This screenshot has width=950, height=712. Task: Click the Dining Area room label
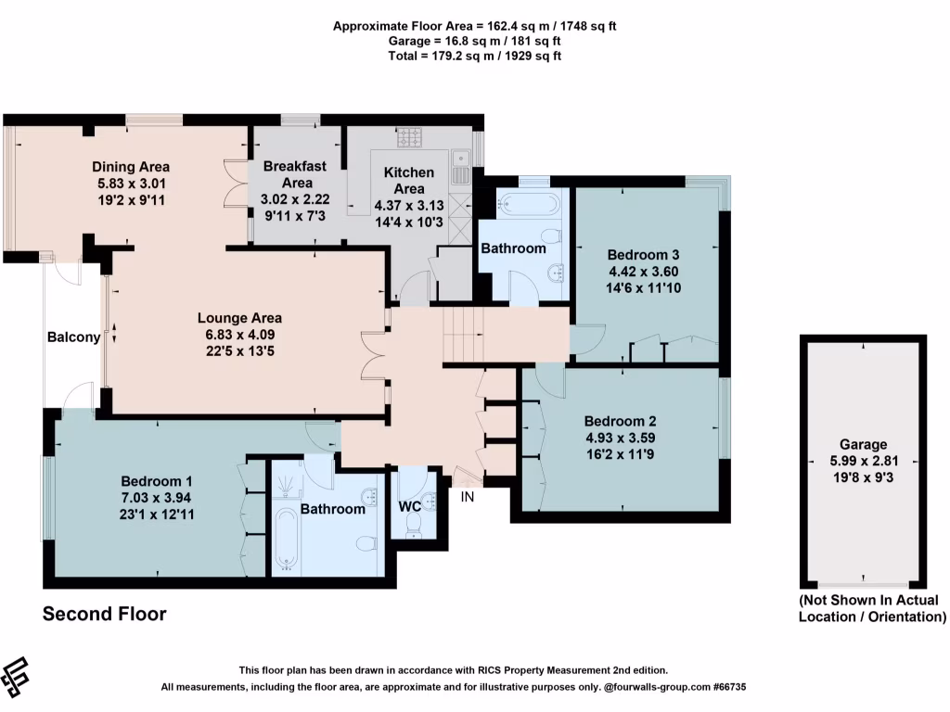click(131, 167)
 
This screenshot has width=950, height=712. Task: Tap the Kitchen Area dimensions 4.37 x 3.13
click(409, 205)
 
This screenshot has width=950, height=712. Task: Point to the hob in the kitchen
click(409, 138)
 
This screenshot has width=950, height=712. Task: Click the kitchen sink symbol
click(460, 167)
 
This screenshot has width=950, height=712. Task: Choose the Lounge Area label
click(239, 318)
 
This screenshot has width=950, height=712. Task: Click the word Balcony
click(73, 337)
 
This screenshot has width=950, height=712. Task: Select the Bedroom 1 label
click(157, 481)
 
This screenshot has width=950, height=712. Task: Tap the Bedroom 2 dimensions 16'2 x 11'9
click(621, 454)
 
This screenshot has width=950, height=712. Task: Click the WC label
click(410, 507)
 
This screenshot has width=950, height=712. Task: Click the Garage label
click(864, 445)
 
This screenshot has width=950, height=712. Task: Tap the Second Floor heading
click(105, 614)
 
